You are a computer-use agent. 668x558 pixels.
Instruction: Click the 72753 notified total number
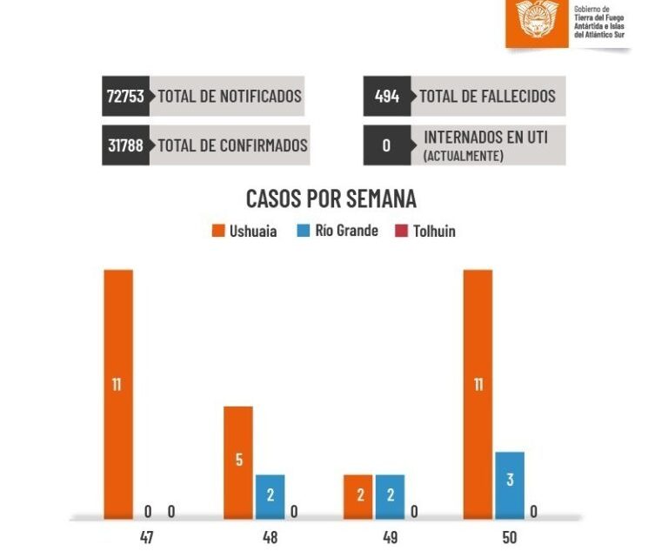coord(125,96)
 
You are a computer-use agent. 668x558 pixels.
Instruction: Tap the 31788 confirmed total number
coord(125,145)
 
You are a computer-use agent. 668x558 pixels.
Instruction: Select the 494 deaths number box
coord(386,96)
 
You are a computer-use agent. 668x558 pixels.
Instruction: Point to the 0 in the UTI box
coord(386,145)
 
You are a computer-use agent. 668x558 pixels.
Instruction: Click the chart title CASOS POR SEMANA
coord(331,198)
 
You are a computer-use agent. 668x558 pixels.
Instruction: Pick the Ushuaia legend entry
coord(244,232)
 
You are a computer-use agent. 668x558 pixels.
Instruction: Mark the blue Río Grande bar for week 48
coord(271,496)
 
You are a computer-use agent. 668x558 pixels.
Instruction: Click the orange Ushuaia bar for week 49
coord(357,496)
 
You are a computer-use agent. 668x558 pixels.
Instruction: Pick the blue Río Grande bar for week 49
coord(390,496)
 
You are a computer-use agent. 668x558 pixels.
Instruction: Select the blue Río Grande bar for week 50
coord(510,484)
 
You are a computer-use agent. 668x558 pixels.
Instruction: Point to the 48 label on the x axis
coord(271,538)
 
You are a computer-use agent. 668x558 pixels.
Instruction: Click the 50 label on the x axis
coord(510,538)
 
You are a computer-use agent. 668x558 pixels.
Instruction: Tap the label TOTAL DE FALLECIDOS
coord(487,96)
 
